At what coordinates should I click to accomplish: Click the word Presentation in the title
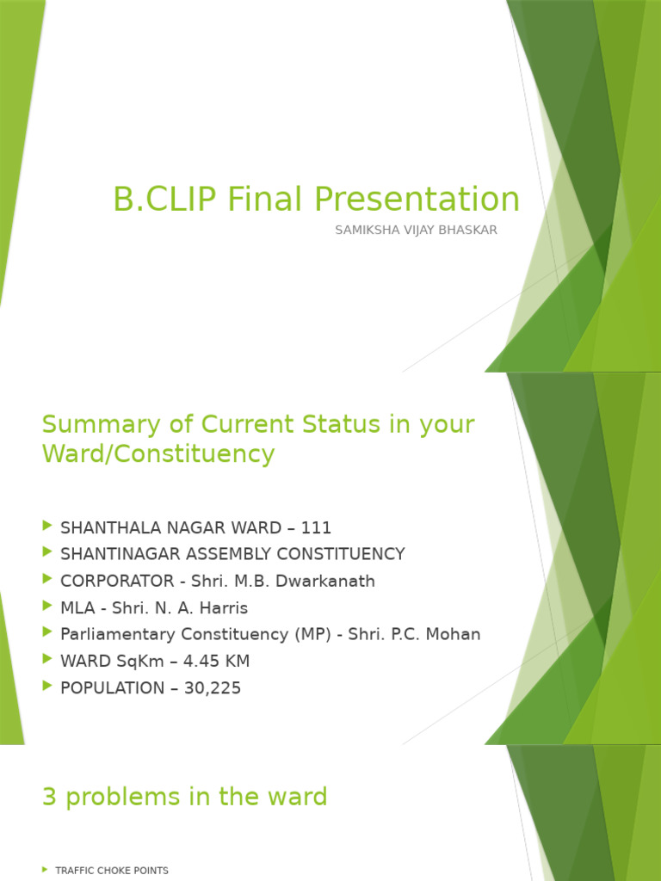417,200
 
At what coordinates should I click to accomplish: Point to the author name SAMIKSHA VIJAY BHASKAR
416,231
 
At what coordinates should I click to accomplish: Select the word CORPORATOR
114,581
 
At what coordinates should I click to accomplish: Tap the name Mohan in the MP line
455,634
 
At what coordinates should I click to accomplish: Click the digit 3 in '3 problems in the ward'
49,798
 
